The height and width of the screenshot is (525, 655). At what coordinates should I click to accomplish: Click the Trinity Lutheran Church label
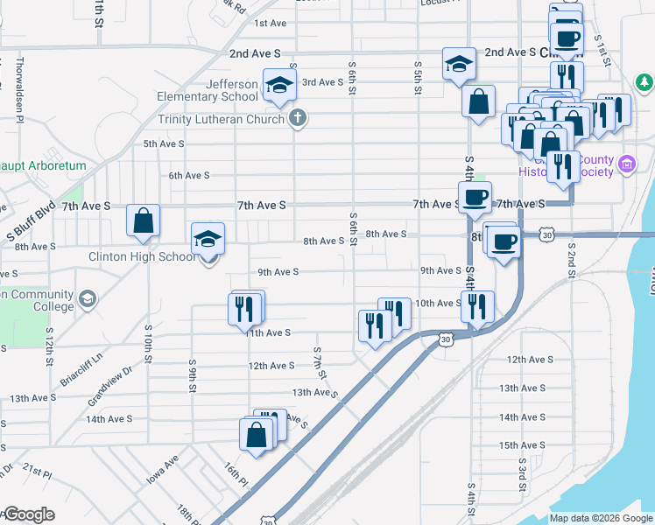[222, 119]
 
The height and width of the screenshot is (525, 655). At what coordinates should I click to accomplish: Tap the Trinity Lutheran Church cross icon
[298, 118]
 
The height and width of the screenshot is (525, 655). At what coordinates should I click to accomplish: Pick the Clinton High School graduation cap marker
[208, 239]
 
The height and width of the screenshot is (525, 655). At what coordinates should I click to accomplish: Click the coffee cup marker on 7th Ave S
[475, 197]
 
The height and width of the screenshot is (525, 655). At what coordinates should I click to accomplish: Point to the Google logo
[28, 514]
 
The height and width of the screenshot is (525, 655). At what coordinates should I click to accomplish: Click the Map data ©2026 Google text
[600, 518]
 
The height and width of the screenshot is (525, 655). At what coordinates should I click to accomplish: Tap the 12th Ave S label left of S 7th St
[271, 366]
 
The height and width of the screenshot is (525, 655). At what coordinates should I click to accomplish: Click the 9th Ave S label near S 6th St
[277, 271]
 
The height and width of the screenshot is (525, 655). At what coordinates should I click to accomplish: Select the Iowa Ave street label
[163, 470]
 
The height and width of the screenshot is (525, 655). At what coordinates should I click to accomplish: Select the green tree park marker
[644, 82]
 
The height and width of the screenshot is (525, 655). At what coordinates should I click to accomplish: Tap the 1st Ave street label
[271, 24]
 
